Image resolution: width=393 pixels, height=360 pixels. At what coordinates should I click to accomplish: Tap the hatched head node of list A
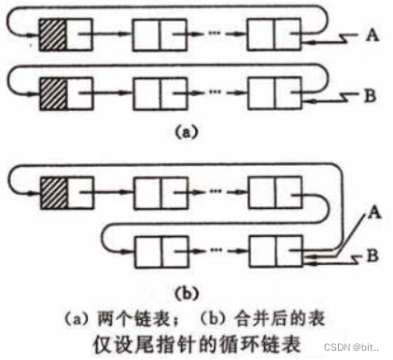pyautogui.click(x=52, y=37)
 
